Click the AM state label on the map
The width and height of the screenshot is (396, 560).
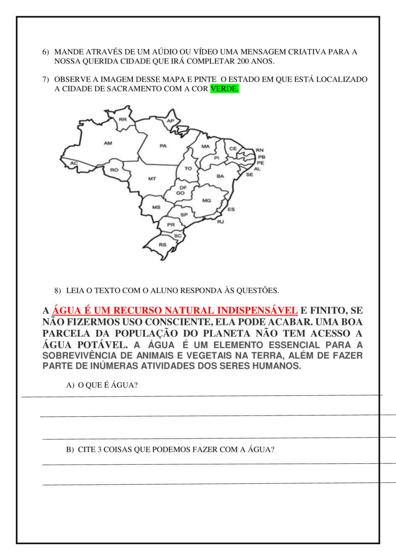click(x=108, y=143)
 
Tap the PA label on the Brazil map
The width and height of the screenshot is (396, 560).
click(x=163, y=146)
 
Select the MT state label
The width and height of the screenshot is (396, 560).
click(x=152, y=179)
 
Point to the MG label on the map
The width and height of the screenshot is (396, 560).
click(x=206, y=201)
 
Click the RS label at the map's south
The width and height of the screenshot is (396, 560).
click(x=162, y=244)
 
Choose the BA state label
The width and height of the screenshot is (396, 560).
click(x=220, y=176)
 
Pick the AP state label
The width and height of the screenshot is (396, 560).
click(x=170, y=121)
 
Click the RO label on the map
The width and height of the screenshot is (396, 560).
click(x=114, y=170)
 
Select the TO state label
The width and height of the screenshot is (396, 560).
click(x=188, y=168)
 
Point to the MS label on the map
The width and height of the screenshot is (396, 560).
click(x=156, y=208)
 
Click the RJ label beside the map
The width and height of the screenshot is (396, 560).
click(x=220, y=222)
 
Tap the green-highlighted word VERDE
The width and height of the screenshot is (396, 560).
click(x=225, y=89)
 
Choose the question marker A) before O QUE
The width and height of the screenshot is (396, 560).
click(x=70, y=385)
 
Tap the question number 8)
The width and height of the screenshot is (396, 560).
click(x=57, y=290)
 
